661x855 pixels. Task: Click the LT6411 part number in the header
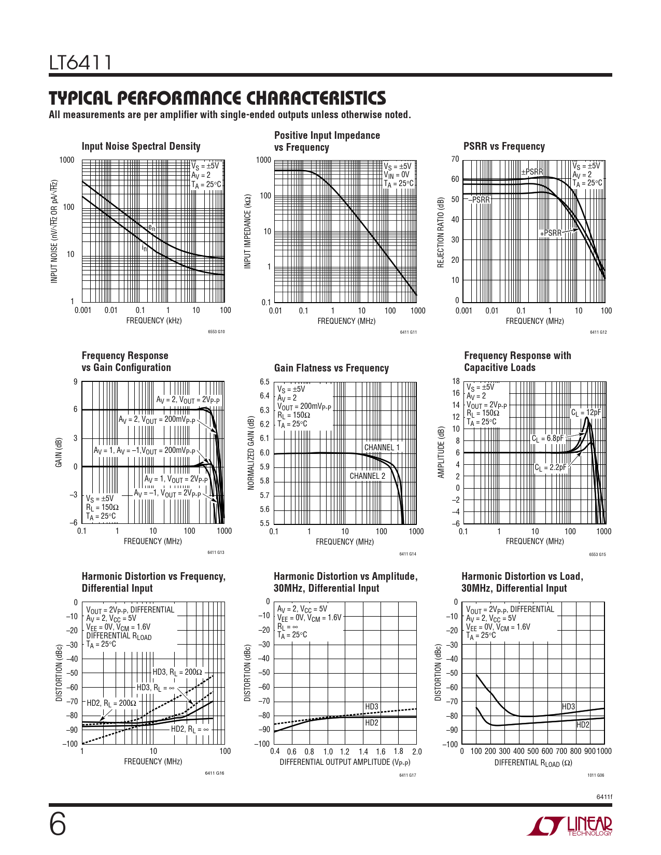(x=80, y=63)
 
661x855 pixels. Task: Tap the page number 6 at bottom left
(x=58, y=825)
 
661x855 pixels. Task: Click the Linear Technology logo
(x=569, y=825)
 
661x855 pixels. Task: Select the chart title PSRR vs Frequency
(x=504, y=146)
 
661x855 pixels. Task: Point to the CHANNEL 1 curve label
(x=382, y=447)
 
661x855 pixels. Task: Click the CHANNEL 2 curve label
(x=368, y=476)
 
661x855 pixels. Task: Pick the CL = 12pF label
(x=586, y=413)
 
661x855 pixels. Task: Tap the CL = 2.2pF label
(x=550, y=467)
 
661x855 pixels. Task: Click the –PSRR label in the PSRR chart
(x=479, y=199)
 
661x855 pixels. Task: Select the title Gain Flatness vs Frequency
(x=331, y=368)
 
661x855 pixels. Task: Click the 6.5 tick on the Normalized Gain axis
(x=264, y=382)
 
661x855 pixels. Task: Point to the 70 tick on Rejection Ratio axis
(x=455, y=159)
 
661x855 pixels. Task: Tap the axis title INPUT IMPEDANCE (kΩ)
(x=248, y=231)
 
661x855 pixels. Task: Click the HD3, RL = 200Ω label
(x=177, y=672)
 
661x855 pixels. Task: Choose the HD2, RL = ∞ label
(x=190, y=729)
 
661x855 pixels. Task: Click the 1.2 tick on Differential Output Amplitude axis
(x=344, y=751)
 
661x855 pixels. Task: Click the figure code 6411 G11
(x=408, y=332)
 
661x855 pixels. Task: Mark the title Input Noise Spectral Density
(x=141, y=146)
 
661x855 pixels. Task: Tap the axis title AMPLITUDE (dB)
(x=441, y=452)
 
